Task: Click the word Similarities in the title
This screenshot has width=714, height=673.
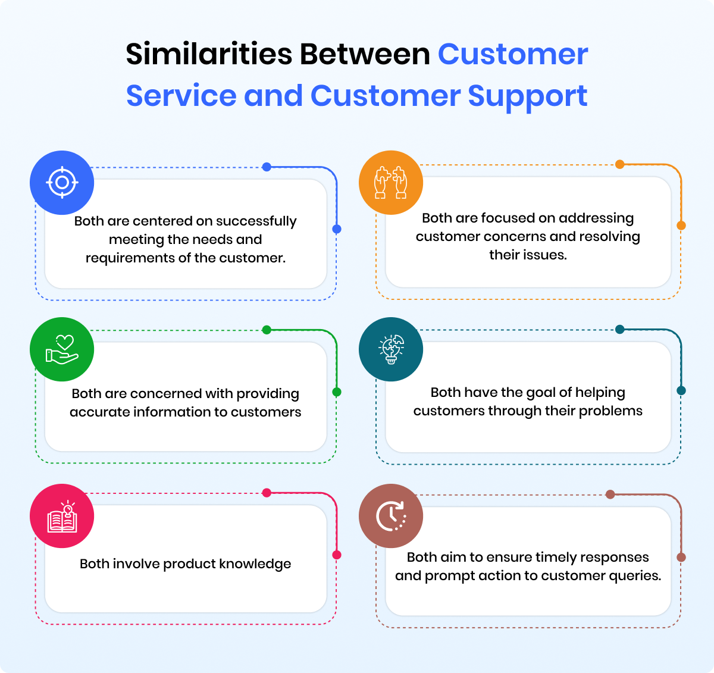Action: [209, 54]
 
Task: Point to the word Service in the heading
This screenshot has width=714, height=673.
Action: [181, 96]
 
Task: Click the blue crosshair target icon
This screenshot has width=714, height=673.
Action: [62, 183]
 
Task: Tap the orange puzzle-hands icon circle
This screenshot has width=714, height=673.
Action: [391, 183]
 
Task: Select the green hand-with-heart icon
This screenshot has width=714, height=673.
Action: [62, 349]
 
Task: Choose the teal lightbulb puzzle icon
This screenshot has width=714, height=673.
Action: [391, 349]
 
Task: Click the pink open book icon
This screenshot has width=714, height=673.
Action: [62, 516]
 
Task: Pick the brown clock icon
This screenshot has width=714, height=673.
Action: [391, 516]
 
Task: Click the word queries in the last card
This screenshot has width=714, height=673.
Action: [637, 576]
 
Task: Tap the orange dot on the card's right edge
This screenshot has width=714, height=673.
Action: [681, 226]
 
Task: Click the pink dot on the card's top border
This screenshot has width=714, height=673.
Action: [267, 493]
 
